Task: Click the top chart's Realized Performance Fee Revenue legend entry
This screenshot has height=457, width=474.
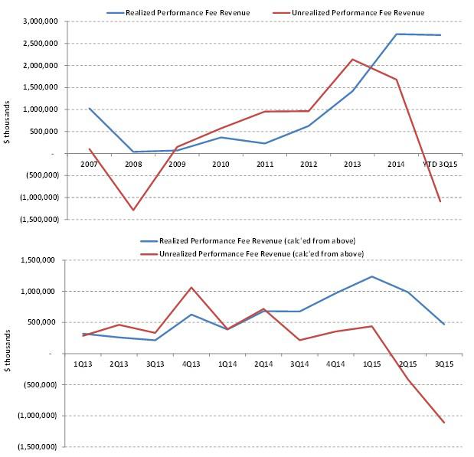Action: [188, 13]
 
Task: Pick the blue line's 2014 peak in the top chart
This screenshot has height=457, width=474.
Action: [397, 34]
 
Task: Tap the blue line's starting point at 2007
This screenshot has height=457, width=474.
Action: [90, 109]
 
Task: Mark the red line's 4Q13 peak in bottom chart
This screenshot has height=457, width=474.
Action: [191, 287]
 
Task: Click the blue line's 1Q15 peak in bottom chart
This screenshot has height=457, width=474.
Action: [371, 276]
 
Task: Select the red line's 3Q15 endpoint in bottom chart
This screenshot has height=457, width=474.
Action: [443, 423]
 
